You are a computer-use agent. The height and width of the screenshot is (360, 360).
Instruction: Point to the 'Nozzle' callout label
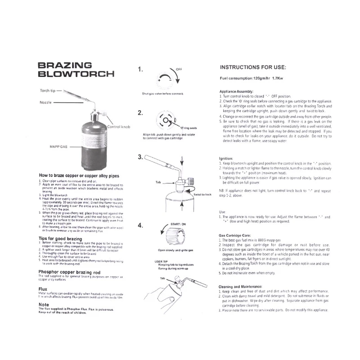[x=46, y=103]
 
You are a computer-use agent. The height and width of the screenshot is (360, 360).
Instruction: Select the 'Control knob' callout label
[x=119, y=127]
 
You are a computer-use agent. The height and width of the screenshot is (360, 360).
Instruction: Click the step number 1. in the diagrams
[x=140, y=69]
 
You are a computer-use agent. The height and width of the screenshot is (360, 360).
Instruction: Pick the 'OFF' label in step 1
[x=179, y=69]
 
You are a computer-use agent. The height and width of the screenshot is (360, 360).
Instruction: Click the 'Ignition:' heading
[x=225, y=158]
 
